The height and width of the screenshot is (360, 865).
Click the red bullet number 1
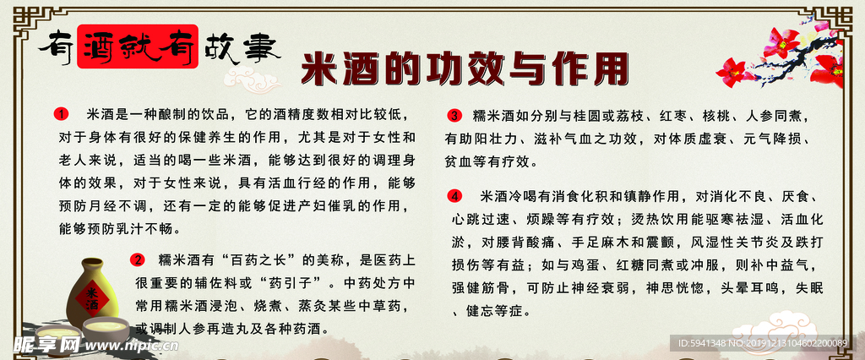pyautogui.click(x=60, y=113)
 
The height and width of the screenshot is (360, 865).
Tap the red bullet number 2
pyautogui.click(x=139, y=259)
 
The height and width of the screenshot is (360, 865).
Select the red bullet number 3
pyautogui.click(x=454, y=116)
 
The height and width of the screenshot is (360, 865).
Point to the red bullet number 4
pyautogui.click(x=454, y=197)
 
